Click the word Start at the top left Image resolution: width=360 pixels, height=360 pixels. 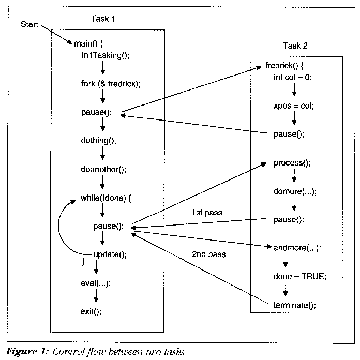point(29,24)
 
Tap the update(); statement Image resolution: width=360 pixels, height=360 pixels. point(110,254)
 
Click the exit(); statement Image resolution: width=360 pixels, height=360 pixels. point(91,311)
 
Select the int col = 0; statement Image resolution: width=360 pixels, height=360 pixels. point(293,78)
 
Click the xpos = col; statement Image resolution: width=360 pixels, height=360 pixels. point(293,106)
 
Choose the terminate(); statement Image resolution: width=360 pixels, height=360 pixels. point(294,305)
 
